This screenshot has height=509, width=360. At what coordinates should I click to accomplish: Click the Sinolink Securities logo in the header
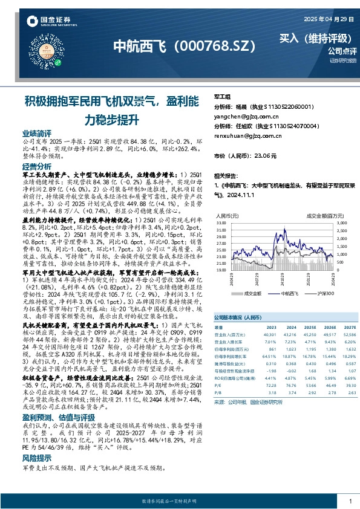(47, 24)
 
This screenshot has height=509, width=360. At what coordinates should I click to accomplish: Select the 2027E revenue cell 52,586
(349, 333)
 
